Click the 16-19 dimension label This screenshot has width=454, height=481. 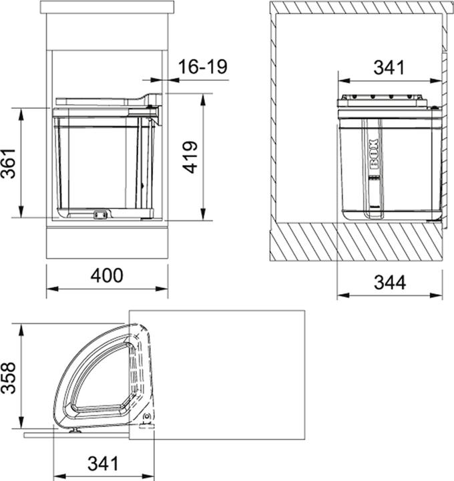(x=203, y=67)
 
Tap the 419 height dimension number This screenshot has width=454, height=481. (x=190, y=157)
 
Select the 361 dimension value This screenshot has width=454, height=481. (x=8, y=163)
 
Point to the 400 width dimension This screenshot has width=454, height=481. (x=107, y=275)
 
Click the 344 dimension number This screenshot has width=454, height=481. (x=390, y=282)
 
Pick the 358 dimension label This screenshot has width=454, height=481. (x=8, y=378)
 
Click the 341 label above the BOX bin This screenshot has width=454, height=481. (x=389, y=67)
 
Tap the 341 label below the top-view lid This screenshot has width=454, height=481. (x=103, y=464)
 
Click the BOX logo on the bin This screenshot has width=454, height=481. (x=373, y=154)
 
